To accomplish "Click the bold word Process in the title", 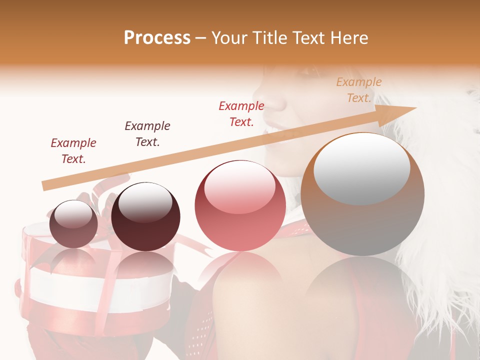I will point(157,38).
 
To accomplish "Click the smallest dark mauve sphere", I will point(73,224).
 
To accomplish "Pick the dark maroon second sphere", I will point(145,217).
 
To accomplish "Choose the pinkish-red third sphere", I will point(240,205).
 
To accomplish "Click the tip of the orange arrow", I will point(415,108).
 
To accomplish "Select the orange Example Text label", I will point(358,90).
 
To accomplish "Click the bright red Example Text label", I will point(241,113).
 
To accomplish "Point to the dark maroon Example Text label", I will point(147,133).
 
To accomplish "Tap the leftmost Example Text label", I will point(73,150).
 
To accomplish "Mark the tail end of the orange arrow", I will point(44,186).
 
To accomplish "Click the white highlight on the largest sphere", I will point(361,167).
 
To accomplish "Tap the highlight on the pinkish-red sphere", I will point(239,186).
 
